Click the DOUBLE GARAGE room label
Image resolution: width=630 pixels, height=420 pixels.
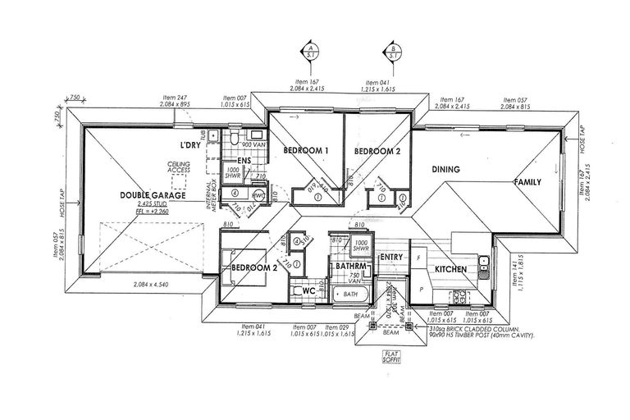[153, 195]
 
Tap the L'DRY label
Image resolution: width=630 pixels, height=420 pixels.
[191, 145]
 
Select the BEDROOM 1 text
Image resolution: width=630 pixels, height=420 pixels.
[306, 151]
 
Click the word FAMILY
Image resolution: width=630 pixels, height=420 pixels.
[528, 182]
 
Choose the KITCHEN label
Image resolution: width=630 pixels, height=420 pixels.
[450, 269]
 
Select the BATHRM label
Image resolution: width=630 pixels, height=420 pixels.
[348, 267]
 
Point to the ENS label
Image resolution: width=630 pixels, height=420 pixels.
[243, 161]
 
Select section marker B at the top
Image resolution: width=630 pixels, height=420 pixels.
[395, 52]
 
